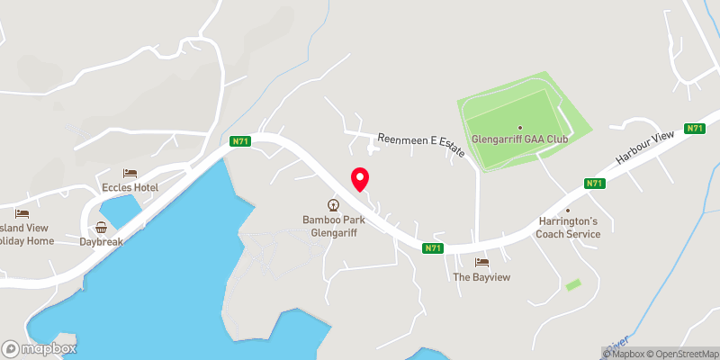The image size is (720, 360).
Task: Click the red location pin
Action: coord(359,179)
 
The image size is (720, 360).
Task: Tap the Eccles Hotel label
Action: coord(130,187)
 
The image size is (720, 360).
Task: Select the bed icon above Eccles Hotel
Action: coord(130,173)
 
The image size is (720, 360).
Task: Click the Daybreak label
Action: coord(101,242)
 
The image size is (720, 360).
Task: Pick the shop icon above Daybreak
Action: coord(101,228)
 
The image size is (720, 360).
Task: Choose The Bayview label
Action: coord(481,277)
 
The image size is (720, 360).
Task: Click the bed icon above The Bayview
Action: coord(481,262)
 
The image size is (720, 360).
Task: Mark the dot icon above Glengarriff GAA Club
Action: coord(519,127)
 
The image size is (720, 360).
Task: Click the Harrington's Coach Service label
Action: coord(568,228)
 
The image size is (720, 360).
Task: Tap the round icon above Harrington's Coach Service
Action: coord(568,209)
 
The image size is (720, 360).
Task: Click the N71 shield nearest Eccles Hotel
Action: coord(238,141)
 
